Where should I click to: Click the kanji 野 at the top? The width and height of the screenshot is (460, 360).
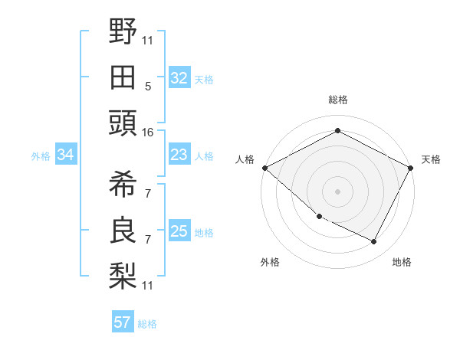click(123, 31)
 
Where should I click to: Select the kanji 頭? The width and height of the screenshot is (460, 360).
click(123, 123)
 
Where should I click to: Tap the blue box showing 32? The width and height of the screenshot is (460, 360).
click(179, 77)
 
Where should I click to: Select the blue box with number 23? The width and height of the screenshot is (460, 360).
click(179, 155)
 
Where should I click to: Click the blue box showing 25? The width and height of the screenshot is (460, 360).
click(179, 231)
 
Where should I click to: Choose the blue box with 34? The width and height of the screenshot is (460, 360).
click(65, 155)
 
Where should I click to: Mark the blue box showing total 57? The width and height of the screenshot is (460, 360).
click(122, 322)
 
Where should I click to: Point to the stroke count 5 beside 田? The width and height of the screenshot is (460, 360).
click(147, 86)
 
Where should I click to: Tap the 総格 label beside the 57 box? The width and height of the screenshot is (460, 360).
click(147, 324)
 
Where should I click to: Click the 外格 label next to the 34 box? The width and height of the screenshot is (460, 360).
click(41, 156)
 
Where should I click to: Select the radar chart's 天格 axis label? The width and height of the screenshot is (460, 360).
click(431, 159)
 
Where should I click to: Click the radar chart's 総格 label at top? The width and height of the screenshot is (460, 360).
click(338, 100)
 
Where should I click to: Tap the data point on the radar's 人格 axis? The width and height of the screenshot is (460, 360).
click(265, 168)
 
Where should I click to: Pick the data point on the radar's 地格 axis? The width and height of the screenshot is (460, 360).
click(374, 241)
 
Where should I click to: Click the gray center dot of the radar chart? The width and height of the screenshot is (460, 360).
click(338, 191)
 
